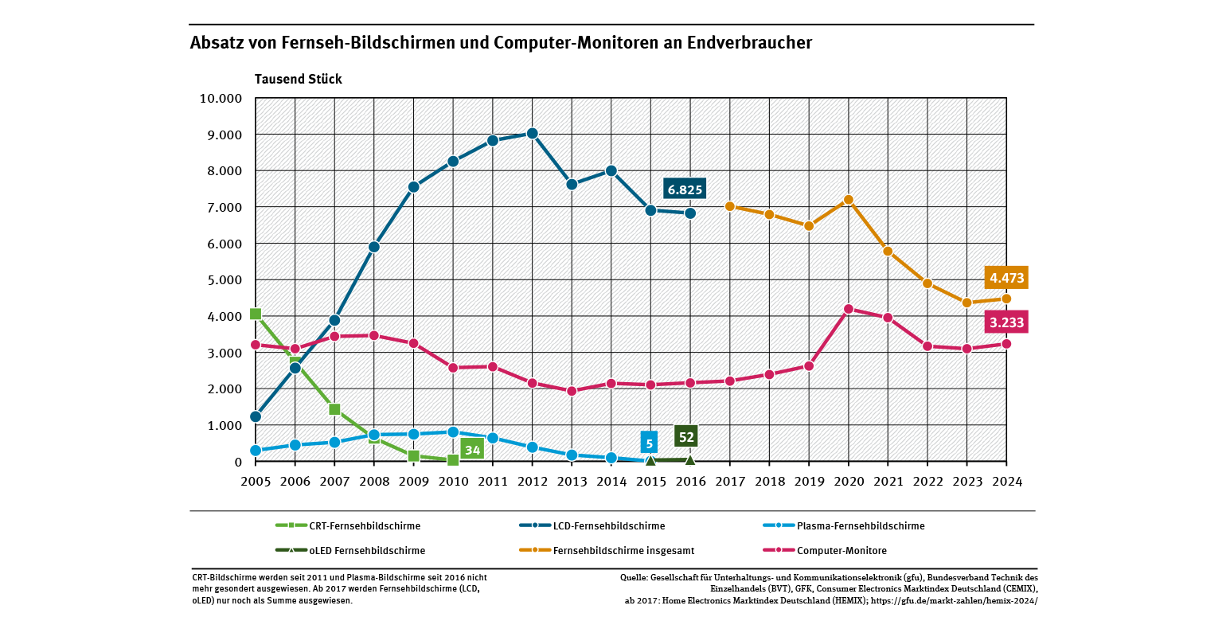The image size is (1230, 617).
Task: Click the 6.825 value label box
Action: click(x=685, y=189)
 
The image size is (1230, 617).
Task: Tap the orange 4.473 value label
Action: click(x=1006, y=278)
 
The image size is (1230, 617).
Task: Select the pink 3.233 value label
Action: click(x=1006, y=322)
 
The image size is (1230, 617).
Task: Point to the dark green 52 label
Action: click(x=686, y=436)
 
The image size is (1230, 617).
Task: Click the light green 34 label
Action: click(x=472, y=450)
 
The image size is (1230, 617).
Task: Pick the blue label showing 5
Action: click(x=650, y=443)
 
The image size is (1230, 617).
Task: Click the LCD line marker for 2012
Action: click(x=532, y=134)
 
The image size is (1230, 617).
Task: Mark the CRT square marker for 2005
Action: click(x=256, y=314)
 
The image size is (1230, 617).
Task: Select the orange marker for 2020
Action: click(x=848, y=200)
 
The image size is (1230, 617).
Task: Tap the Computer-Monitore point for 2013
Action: click(x=572, y=391)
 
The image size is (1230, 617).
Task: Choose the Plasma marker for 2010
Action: click(x=453, y=432)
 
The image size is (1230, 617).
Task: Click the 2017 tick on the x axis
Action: click(x=729, y=482)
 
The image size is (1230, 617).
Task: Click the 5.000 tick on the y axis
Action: click(x=225, y=280)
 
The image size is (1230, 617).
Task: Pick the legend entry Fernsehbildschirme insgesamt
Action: click(x=617, y=550)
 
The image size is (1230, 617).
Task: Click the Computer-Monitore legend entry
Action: click(x=841, y=550)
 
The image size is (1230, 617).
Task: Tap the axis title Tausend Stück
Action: click(x=298, y=79)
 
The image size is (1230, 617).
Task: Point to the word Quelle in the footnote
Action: click(x=633, y=576)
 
